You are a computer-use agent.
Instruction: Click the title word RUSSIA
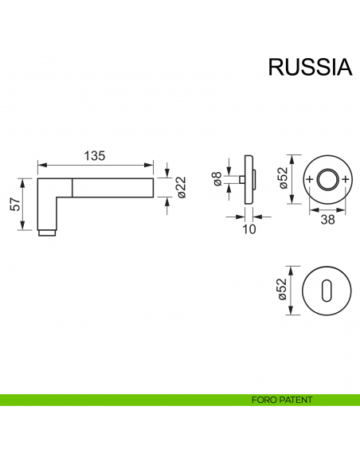pyautogui.click(x=310, y=67)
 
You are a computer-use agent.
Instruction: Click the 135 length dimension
pyautogui.click(x=95, y=156)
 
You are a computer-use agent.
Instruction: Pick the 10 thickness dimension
pyautogui.click(x=249, y=229)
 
